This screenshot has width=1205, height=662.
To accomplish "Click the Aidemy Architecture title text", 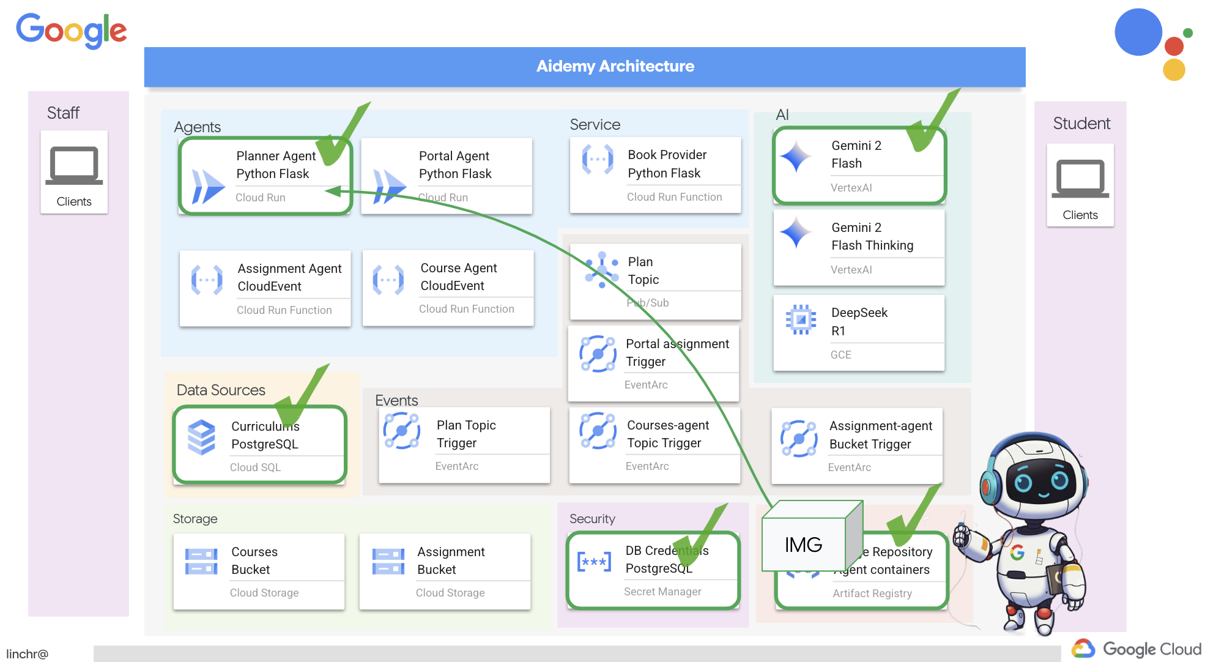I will [x=615, y=66].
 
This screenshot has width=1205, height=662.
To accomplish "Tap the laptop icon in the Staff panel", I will [x=74, y=165].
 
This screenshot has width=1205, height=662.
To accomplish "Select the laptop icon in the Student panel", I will [x=1080, y=179].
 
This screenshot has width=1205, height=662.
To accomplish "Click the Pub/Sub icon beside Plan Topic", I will [x=601, y=270].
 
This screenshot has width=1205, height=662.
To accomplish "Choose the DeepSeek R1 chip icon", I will [x=801, y=319].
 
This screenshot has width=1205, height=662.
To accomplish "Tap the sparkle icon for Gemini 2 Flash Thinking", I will [x=796, y=233].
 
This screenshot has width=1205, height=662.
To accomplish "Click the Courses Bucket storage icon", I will [x=201, y=561].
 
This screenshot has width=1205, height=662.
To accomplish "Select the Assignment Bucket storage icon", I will [x=388, y=561].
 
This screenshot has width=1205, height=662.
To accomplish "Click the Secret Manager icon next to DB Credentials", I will [x=593, y=561].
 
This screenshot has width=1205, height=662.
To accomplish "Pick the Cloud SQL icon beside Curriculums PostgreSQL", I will [x=201, y=437].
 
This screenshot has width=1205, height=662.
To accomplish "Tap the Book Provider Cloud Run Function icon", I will [x=598, y=160].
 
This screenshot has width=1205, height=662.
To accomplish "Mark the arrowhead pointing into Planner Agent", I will [x=333, y=192].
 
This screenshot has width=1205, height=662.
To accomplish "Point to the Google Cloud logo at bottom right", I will [x=1136, y=649].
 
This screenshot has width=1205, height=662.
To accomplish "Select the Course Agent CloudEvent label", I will [x=458, y=277].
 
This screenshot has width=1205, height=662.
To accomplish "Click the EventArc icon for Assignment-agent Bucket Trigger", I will [x=799, y=438].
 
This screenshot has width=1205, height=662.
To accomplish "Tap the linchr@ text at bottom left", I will [x=27, y=653].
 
